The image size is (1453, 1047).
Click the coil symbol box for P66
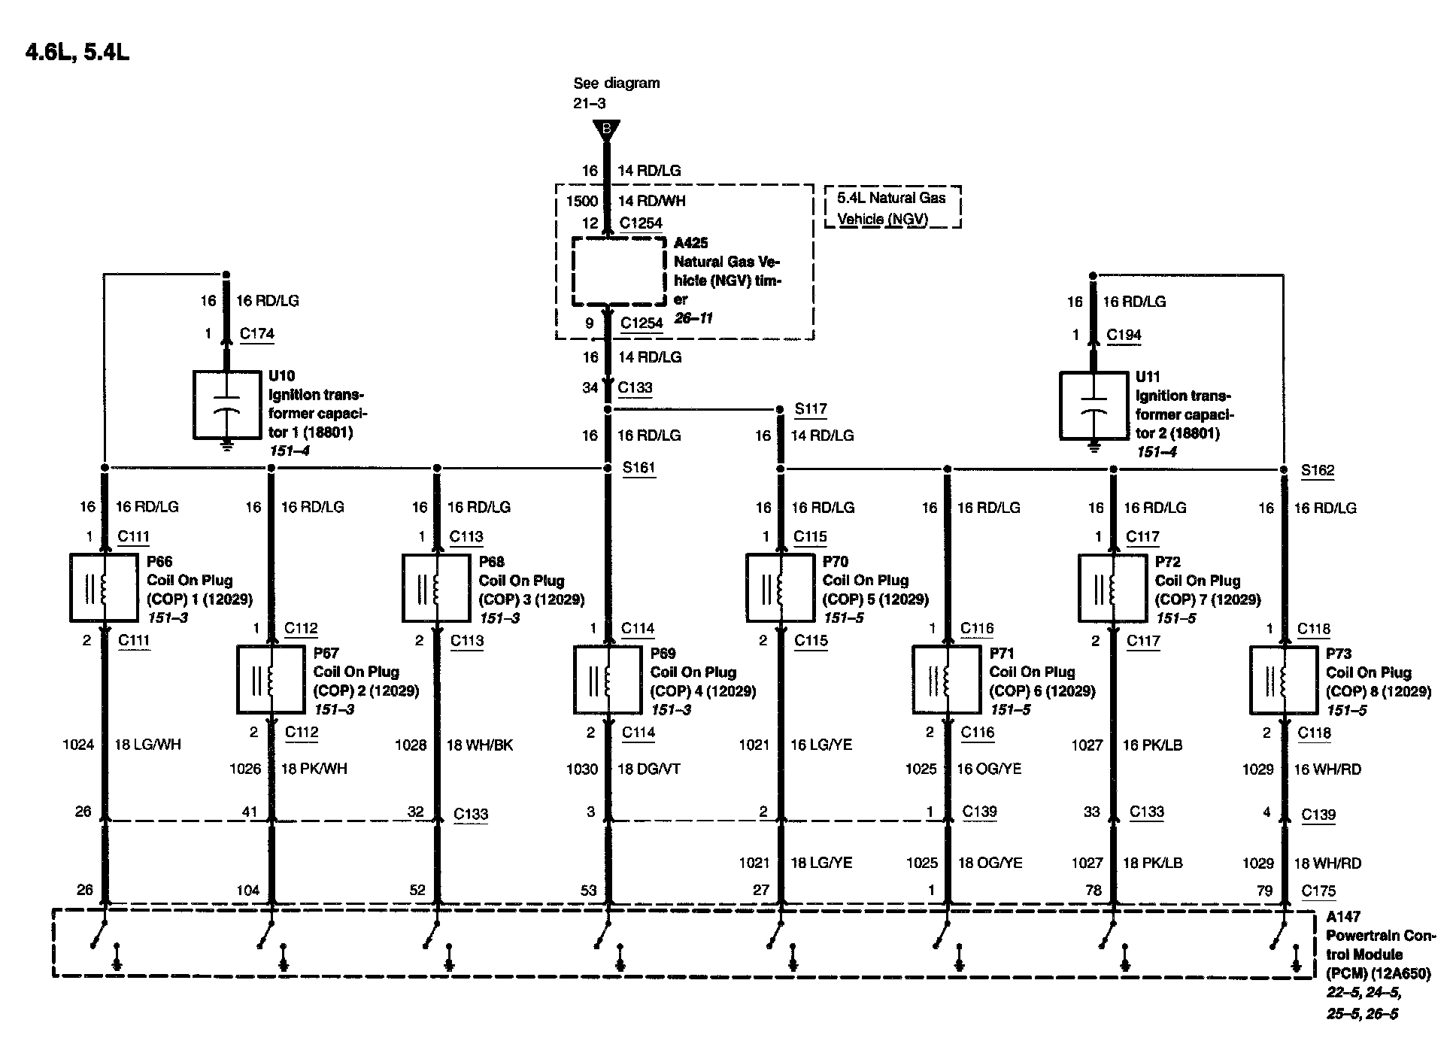tap(104, 587)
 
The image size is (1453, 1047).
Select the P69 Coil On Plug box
tap(607, 680)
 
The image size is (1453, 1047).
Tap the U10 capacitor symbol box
tap(226, 405)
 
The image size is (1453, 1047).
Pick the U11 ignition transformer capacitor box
tap(1093, 405)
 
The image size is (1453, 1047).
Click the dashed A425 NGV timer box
tap(619, 272)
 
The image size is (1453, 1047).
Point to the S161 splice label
tap(639, 468)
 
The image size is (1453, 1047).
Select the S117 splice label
tap(811, 409)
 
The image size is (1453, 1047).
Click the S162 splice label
tap(1317, 471)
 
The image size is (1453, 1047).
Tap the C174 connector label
tap(257, 334)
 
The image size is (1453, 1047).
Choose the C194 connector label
tap(1124, 335)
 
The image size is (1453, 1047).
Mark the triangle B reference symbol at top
tap(606, 130)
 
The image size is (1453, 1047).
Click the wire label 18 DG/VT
tap(648, 769)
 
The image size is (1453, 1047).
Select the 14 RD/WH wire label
tap(651, 201)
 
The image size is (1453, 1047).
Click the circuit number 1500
tap(582, 201)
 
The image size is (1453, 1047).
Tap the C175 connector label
tap(1318, 891)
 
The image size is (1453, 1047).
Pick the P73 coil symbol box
tap(1283, 680)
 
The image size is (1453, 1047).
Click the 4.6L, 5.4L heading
tap(77, 53)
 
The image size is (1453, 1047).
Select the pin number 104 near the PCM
tap(247, 891)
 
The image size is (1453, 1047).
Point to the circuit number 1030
tap(582, 769)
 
